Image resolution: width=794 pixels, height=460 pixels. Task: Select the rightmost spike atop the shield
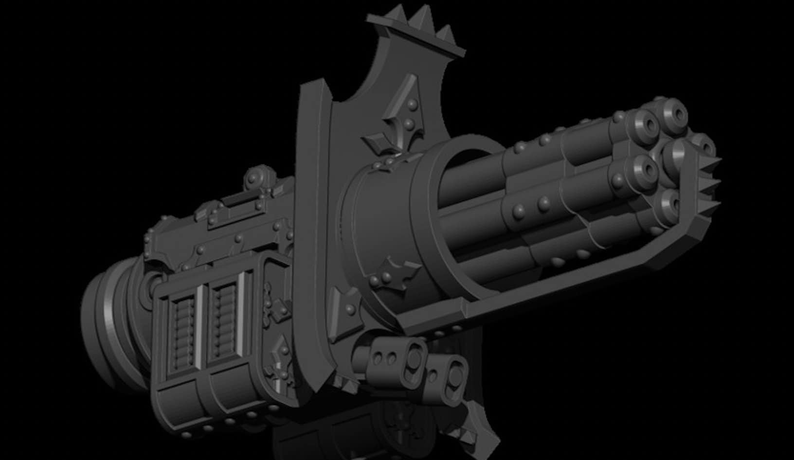(x=445, y=34)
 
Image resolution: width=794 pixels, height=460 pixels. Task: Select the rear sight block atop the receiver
(x=229, y=204)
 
